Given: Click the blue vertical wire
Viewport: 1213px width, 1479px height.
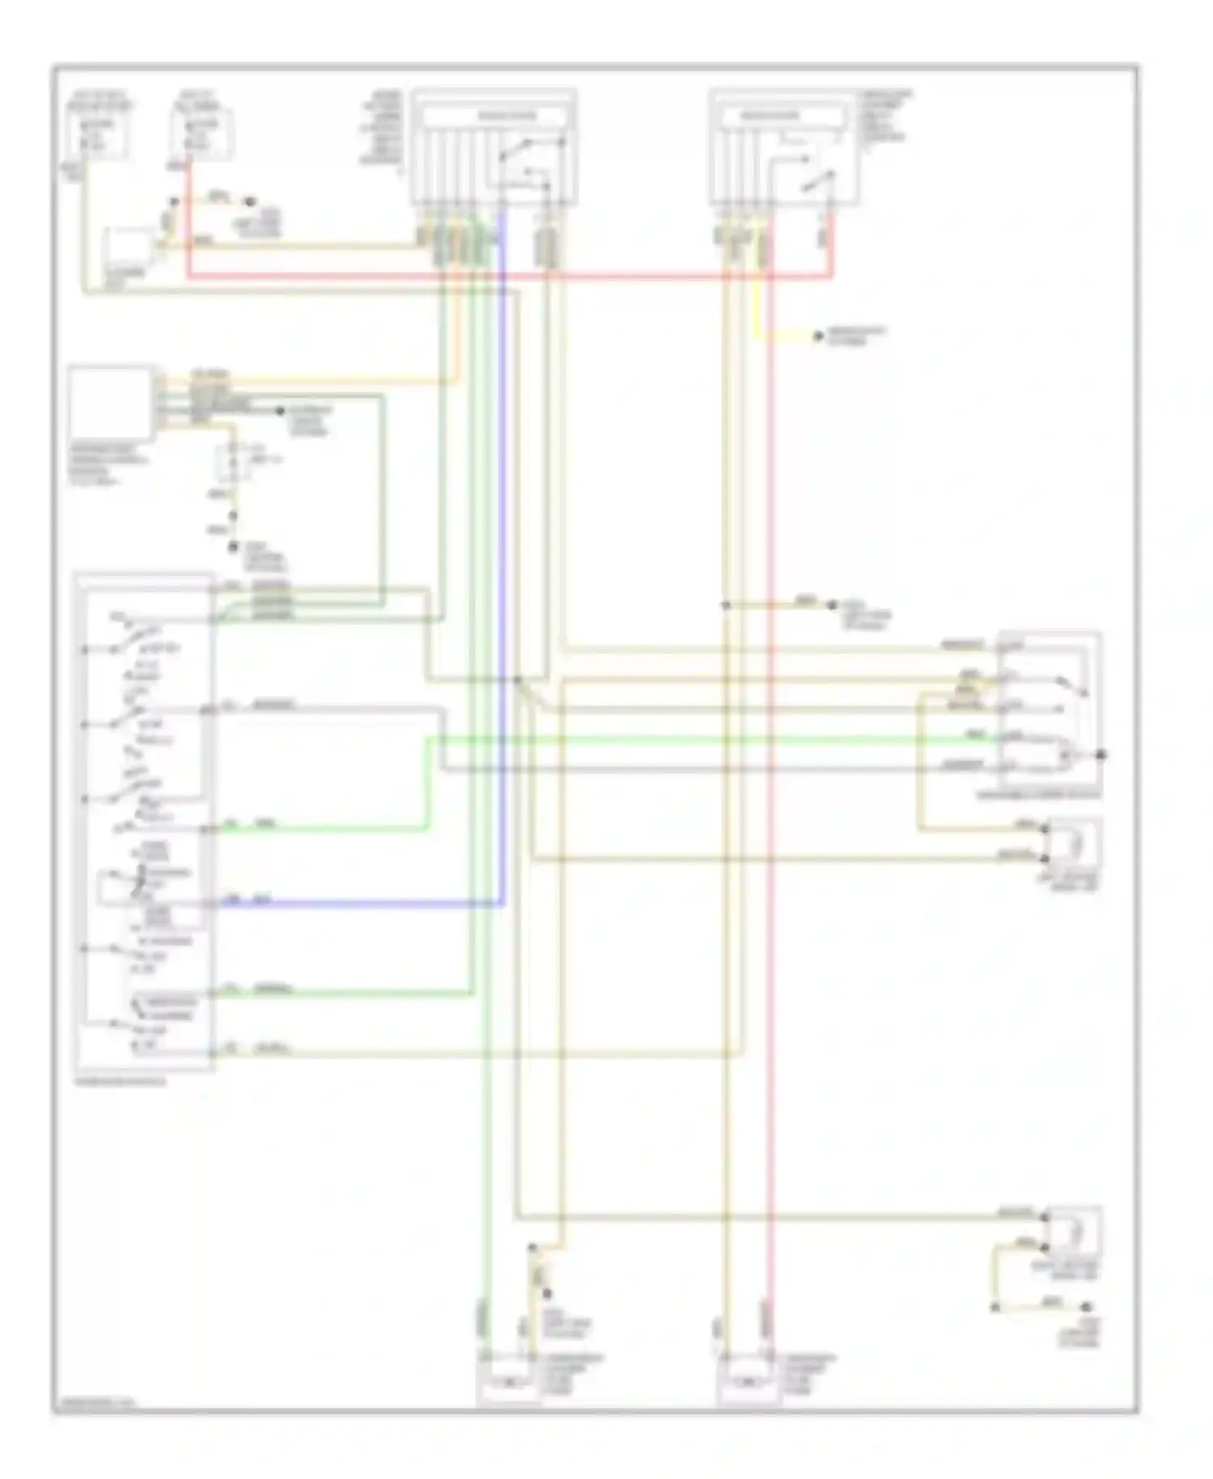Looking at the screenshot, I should click(x=502, y=566).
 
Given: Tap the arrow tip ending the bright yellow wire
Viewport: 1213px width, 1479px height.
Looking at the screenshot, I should click(x=818, y=336).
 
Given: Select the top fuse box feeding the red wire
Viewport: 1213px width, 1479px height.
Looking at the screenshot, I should click(x=201, y=133).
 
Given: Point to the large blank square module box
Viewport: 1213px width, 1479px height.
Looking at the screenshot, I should click(x=111, y=403).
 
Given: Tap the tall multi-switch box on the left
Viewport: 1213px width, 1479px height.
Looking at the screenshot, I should click(x=144, y=821).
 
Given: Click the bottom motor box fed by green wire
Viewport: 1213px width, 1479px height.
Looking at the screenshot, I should click(x=508, y=1382).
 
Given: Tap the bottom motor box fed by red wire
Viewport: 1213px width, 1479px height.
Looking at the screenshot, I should click(x=748, y=1382).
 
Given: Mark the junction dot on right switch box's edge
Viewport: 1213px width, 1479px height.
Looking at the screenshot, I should click(x=1101, y=755).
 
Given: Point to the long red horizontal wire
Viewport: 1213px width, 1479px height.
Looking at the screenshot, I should click(x=509, y=277).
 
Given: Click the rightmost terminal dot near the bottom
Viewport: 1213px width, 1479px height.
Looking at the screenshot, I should click(x=1087, y=1307).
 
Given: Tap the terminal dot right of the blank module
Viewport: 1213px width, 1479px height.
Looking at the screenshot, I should click(x=281, y=411).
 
